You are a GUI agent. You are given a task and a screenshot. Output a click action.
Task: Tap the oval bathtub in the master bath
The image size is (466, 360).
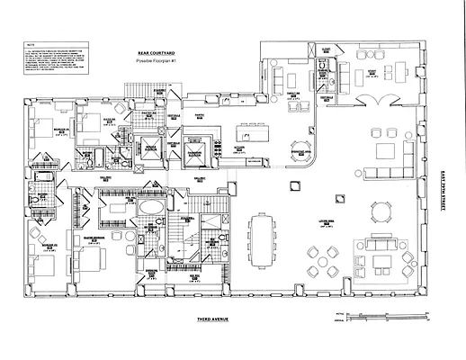click(149, 210)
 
